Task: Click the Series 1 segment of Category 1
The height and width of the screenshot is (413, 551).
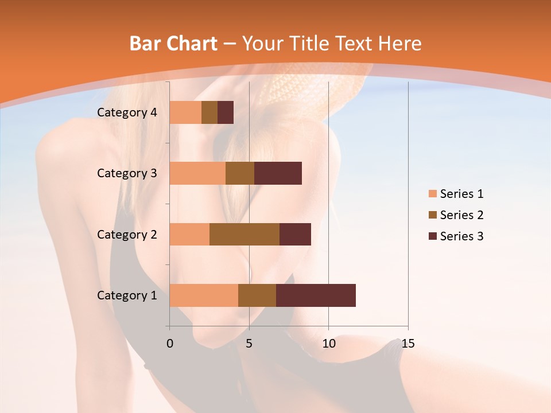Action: (x=204, y=295)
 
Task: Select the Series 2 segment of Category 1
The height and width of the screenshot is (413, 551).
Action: (x=257, y=295)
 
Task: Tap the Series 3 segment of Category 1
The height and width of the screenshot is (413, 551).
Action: (x=316, y=295)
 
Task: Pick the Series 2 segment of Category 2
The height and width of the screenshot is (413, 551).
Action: (x=245, y=234)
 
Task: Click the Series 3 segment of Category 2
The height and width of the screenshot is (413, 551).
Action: (x=295, y=234)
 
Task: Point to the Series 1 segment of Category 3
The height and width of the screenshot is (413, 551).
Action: (x=197, y=173)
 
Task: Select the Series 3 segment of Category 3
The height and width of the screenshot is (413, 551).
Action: (x=278, y=173)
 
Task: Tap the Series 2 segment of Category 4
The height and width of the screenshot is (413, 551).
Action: (x=209, y=112)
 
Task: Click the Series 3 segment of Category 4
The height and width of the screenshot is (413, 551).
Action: (x=226, y=112)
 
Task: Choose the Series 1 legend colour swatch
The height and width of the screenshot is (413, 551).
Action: (x=432, y=194)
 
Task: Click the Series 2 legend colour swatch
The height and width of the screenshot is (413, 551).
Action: (x=432, y=215)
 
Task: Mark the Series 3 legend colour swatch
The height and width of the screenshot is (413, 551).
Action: (x=432, y=236)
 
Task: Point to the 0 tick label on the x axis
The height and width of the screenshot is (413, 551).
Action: (x=170, y=344)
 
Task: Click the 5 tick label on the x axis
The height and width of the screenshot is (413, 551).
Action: (x=249, y=344)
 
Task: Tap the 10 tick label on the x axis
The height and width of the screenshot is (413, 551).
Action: (x=328, y=344)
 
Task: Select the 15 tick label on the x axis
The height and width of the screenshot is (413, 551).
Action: (x=408, y=344)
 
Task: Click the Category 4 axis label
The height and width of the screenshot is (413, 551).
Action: (x=127, y=112)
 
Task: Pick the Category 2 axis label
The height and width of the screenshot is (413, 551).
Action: (x=127, y=234)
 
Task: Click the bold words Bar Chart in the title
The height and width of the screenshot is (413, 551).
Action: (x=173, y=43)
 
